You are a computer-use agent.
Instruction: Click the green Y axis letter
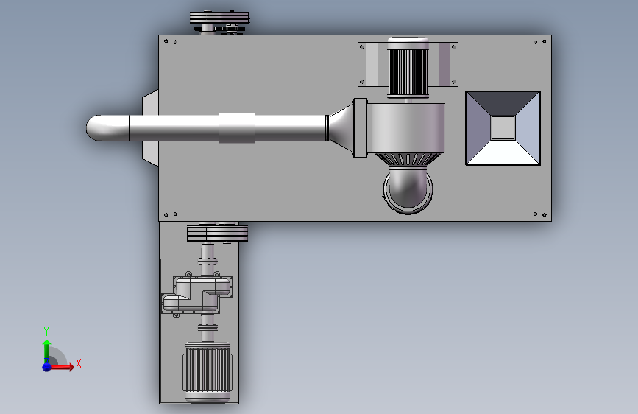coord(46,331)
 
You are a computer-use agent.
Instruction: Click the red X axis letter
coord(79,363)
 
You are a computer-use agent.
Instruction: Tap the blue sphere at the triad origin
coord(47,367)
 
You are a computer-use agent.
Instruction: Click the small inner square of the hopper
coord(503,128)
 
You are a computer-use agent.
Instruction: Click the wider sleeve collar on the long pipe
coord(237,128)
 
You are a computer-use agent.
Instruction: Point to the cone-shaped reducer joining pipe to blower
coord(340,127)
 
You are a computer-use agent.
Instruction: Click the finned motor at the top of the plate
coord(408,68)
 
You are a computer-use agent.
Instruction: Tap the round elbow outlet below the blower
coord(408,190)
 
